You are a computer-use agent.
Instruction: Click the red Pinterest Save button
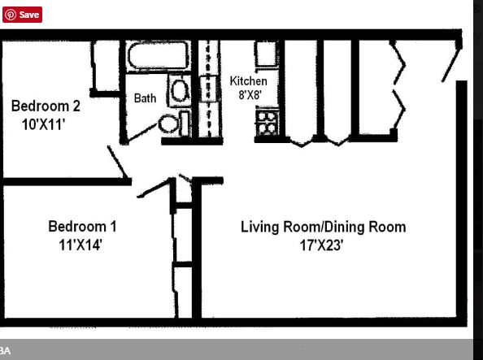(22, 15)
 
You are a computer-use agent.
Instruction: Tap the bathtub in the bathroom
(159, 56)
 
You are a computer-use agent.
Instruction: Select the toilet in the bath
(173, 124)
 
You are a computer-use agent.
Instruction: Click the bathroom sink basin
(180, 90)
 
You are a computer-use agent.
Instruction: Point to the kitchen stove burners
(267, 124)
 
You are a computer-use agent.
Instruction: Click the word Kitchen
(248, 81)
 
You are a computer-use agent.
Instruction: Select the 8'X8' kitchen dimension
(250, 94)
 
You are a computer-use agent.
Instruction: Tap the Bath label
(145, 98)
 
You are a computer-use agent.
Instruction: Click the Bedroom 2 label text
(46, 106)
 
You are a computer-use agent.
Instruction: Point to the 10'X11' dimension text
(43, 124)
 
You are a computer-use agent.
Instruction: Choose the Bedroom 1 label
(82, 227)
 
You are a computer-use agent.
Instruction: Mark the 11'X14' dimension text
(80, 245)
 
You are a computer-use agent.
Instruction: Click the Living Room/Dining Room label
(323, 227)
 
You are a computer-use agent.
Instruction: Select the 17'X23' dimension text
(321, 245)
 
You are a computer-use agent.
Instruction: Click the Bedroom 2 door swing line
(117, 162)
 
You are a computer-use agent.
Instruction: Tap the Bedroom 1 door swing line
(154, 188)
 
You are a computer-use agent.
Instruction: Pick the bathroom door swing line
(141, 132)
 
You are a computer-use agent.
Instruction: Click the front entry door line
(451, 63)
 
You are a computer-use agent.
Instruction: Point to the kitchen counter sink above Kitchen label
(266, 54)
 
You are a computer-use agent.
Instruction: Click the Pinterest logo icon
(11, 15)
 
